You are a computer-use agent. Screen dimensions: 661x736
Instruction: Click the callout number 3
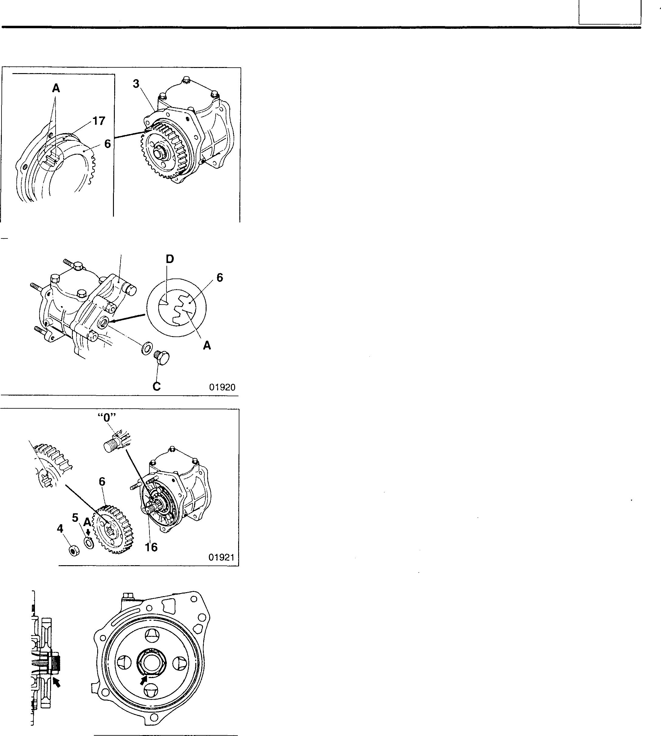[x=136, y=84]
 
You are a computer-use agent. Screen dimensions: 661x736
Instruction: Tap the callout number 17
[x=99, y=121]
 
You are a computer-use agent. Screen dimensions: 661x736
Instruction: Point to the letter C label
[x=156, y=386]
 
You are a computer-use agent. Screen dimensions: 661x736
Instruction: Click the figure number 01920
[x=222, y=387]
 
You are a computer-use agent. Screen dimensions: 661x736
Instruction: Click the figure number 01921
[x=221, y=557]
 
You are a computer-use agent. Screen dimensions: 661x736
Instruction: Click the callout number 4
[x=60, y=528]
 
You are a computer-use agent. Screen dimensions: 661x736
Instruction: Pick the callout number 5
[x=75, y=518]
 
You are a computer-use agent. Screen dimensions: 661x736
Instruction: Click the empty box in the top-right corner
[x=610, y=12]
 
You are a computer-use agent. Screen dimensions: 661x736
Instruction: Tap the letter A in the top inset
[x=56, y=88]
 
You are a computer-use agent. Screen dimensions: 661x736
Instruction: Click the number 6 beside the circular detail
[x=219, y=278]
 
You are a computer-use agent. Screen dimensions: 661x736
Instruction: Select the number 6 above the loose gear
[x=102, y=482]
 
